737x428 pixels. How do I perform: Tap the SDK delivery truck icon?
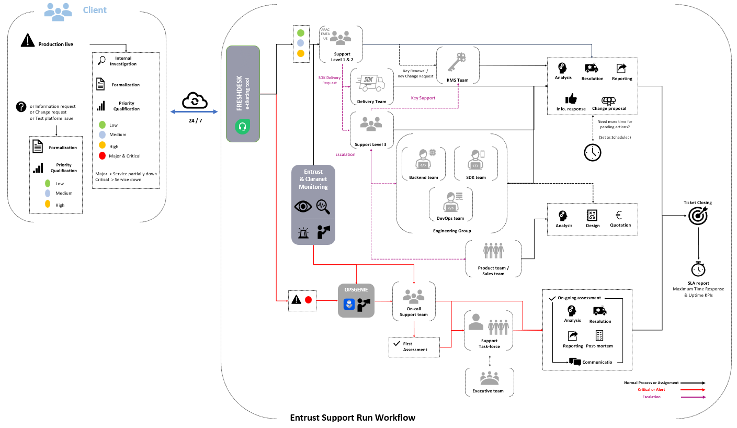click(x=371, y=83)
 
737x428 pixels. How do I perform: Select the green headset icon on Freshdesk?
click(x=242, y=127)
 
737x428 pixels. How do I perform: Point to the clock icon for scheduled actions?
click(x=593, y=152)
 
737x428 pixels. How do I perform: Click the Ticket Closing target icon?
click(x=698, y=216)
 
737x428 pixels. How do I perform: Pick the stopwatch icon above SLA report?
click(x=698, y=269)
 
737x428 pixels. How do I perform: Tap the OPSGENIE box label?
click(x=356, y=289)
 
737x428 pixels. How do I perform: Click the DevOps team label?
click(x=450, y=218)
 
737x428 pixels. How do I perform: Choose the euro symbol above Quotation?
click(x=619, y=215)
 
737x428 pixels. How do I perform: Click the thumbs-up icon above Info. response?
click(x=571, y=98)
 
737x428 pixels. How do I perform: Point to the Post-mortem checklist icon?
click(x=599, y=335)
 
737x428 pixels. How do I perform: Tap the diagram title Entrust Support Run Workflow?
click(x=353, y=418)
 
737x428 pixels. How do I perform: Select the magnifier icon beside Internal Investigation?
click(x=102, y=61)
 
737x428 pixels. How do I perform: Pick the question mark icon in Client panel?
click(x=21, y=107)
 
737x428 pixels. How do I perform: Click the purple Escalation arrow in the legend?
click(x=690, y=397)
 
